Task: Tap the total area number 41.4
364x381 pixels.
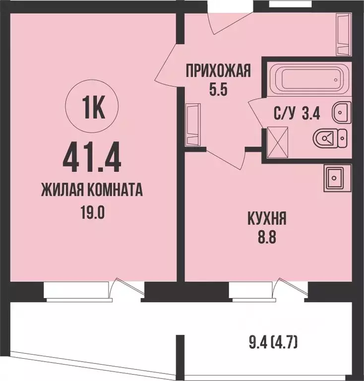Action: click(x=92, y=155)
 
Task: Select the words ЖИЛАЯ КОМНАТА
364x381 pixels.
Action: click(x=92, y=190)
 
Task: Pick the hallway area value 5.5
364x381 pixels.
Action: click(x=218, y=91)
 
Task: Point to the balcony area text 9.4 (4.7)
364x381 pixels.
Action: click(x=274, y=343)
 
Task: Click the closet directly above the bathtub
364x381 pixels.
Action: click(x=343, y=34)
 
